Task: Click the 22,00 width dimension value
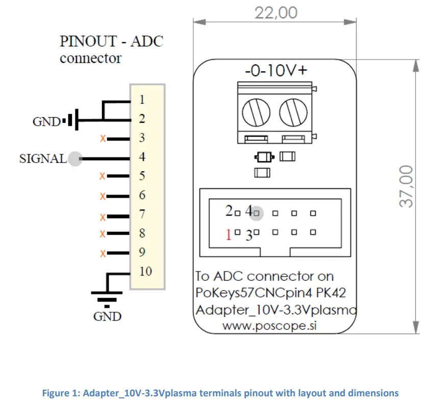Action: click(276, 12)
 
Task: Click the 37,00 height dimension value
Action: click(407, 185)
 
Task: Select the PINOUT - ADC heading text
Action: click(111, 41)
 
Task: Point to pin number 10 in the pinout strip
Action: click(145, 271)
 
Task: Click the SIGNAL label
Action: click(43, 159)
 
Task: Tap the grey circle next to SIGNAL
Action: click(75, 159)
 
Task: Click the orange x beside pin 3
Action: click(102, 138)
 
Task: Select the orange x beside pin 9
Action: click(102, 253)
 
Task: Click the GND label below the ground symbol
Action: click(107, 317)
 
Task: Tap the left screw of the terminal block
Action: click(253, 112)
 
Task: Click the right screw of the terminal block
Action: click(291, 112)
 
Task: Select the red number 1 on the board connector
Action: click(229, 234)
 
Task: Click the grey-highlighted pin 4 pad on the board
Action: click(257, 213)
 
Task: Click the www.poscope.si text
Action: click(270, 327)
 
